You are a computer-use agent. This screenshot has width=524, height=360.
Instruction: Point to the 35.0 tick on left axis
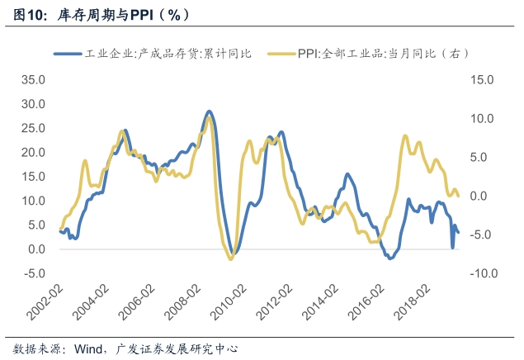[34, 80]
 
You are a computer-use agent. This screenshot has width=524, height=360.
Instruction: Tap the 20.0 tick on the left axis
[34, 153]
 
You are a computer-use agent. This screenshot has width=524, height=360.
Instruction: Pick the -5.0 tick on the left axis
[35, 273]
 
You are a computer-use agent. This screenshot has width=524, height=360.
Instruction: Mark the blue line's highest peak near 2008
[209, 111]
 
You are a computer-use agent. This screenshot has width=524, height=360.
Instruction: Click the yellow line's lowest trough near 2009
[230, 258]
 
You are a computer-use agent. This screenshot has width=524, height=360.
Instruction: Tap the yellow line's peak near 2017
[405, 136]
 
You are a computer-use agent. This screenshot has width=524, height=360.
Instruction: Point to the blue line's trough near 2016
[390, 258]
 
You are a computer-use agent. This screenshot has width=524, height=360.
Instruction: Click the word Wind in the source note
[88, 347]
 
